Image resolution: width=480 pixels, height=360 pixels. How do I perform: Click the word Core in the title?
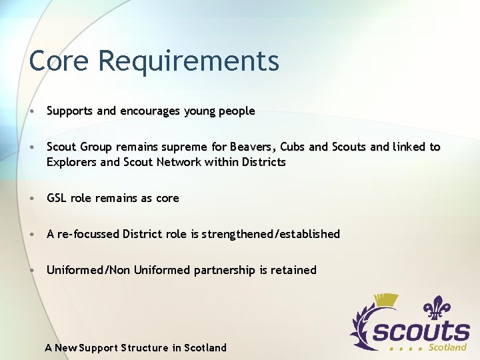coord(59,61)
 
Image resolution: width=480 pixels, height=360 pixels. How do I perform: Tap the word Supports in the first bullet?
coord(70,112)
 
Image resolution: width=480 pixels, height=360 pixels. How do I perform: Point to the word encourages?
coord(149,112)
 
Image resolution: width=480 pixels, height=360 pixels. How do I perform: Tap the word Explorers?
coord(72,162)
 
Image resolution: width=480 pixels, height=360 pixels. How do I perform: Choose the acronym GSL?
coord(57,198)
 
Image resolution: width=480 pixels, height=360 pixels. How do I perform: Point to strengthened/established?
coord(271,234)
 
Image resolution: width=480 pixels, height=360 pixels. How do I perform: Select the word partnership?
coord(225,270)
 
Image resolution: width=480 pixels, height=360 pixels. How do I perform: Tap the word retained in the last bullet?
coord(293,270)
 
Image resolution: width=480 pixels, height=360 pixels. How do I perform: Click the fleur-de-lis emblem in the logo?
coord(438,309)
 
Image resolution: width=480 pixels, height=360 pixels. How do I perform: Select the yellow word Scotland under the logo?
coord(447,347)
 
